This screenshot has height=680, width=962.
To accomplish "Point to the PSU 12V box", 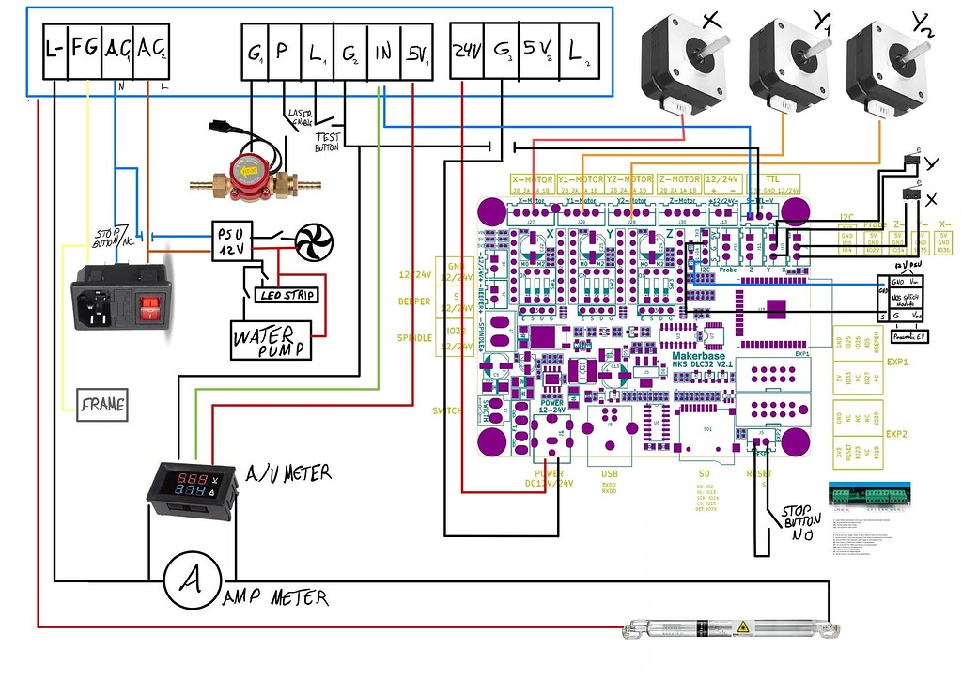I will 231,242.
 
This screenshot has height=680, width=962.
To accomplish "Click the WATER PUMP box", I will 269,340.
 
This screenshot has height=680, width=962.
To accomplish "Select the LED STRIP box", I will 286,295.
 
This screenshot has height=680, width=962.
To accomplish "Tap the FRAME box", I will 102,405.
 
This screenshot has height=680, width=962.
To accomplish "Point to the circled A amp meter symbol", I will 192,580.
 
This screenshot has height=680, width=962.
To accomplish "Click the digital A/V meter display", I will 187,485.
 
